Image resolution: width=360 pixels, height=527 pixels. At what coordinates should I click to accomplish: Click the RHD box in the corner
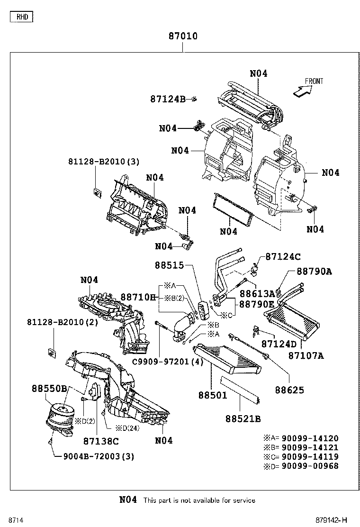pyautogui.click(x=22, y=17)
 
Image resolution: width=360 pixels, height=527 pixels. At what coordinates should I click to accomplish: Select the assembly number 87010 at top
pyautogui.click(x=183, y=36)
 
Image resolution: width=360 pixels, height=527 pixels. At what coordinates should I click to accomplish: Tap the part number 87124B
pyautogui.click(x=168, y=99)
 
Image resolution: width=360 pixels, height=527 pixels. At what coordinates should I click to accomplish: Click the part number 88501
pyautogui.click(x=213, y=394)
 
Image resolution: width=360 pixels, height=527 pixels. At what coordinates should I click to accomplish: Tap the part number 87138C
pyautogui.click(x=101, y=441)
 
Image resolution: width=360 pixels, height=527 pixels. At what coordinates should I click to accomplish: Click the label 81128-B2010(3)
pyautogui.click(x=103, y=162)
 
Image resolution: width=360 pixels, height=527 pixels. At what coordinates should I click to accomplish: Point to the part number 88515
pyautogui.click(x=169, y=265)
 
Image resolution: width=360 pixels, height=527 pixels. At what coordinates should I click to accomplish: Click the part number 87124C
pyautogui.click(x=283, y=256)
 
